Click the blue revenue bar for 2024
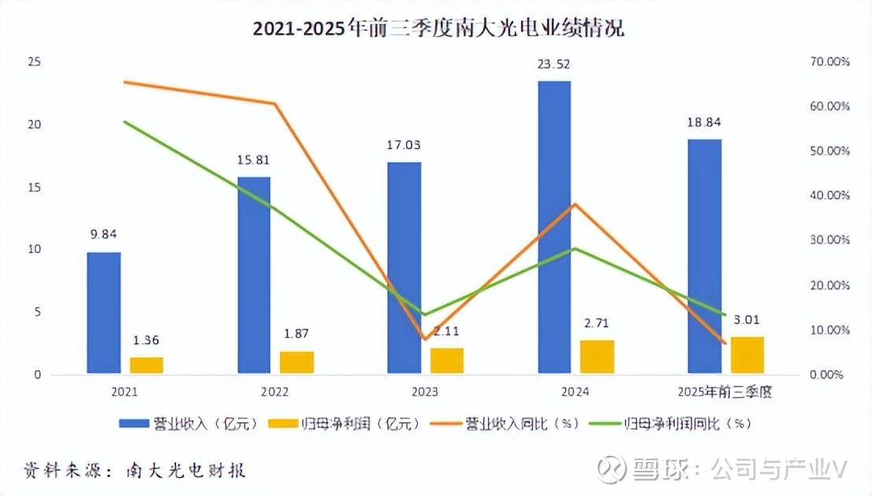554,227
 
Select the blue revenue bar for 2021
103,313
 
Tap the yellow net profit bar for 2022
297,362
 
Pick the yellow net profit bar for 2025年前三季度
747,354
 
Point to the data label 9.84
103,233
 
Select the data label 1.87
297,334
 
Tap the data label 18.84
704,122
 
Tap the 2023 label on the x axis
424,391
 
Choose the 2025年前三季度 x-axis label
725,391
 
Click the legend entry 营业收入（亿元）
189,424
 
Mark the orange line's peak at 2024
575,204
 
